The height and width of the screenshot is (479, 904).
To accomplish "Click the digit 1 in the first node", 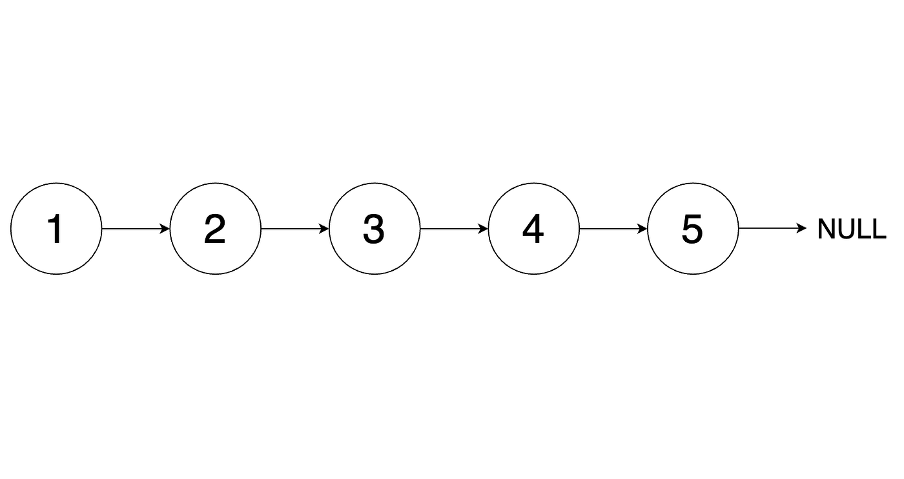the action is pyautogui.click(x=56, y=229).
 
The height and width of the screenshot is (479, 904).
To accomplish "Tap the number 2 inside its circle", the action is pyautogui.click(x=214, y=229).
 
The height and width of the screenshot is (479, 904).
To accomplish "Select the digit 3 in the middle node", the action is pyautogui.click(x=374, y=229).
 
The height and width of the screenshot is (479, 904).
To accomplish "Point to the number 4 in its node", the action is pyautogui.click(x=533, y=229).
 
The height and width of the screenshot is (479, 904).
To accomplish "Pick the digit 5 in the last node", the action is pyautogui.click(x=692, y=229).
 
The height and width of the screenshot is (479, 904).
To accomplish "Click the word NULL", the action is pyautogui.click(x=852, y=229).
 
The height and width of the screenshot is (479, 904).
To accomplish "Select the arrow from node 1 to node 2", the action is pyautogui.click(x=136, y=229).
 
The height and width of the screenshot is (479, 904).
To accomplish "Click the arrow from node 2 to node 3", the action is pyautogui.click(x=295, y=229).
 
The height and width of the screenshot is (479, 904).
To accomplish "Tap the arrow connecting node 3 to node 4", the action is pyautogui.click(x=454, y=229).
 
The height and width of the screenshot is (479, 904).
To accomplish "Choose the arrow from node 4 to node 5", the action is pyautogui.click(x=613, y=229).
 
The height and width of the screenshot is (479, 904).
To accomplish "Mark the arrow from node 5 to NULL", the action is pyautogui.click(x=772, y=229).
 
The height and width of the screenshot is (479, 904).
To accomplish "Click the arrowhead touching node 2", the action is pyautogui.click(x=165, y=229).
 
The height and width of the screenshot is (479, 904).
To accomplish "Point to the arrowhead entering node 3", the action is pyautogui.click(x=324, y=229).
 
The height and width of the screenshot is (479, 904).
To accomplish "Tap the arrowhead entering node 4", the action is pyautogui.click(x=483, y=229).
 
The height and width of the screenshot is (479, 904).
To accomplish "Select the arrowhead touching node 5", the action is pyautogui.click(x=642, y=229).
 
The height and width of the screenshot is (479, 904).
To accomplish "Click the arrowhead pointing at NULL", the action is pyautogui.click(x=801, y=229).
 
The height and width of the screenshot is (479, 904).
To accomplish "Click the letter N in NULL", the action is pyautogui.click(x=826, y=229).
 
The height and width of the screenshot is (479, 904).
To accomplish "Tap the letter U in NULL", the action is pyautogui.click(x=847, y=229).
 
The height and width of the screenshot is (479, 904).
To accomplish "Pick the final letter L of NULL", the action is pyautogui.click(x=879, y=229).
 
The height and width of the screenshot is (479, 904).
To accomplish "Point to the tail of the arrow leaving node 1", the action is pyautogui.click(x=102, y=229).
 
